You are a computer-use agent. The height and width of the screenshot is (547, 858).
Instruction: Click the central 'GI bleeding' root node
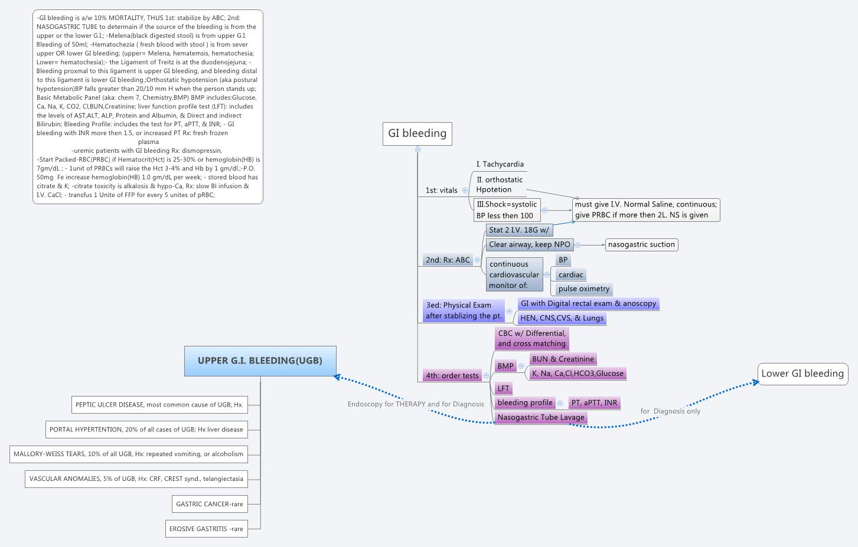(417, 133)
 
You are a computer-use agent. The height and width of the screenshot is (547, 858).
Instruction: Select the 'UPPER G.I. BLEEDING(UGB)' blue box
(260, 361)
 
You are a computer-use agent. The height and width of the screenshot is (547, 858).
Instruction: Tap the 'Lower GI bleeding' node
(802, 374)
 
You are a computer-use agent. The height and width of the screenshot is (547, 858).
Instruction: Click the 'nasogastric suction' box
(641, 244)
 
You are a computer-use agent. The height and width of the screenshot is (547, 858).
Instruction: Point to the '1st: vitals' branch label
(441, 190)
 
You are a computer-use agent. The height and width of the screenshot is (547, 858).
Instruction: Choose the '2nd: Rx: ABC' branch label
(448, 260)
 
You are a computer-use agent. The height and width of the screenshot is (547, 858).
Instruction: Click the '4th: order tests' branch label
(452, 375)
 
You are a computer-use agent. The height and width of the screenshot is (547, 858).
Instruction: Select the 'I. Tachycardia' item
(500, 164)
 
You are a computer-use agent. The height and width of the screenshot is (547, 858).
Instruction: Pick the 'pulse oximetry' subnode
(583, 289)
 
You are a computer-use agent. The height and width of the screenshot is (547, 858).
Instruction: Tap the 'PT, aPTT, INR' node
(593, 403)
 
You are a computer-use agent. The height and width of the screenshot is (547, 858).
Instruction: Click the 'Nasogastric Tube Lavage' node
(540, 417)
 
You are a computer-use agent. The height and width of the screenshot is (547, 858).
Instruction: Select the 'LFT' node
(503, 388)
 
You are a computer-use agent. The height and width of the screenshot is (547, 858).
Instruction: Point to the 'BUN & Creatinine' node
(562, 359)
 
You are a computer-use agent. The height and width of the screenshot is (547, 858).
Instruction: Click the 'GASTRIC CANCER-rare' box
(209, 504)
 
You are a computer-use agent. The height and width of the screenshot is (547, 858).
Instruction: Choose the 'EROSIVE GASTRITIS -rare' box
(205, 529)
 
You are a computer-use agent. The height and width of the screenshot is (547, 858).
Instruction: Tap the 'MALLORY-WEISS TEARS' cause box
(128, 454)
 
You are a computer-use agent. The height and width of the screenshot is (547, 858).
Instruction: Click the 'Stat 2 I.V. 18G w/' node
(518, 230)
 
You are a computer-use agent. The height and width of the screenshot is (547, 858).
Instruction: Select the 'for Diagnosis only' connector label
(670, 411)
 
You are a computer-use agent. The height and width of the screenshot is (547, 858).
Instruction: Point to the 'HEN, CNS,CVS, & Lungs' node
(561, 318)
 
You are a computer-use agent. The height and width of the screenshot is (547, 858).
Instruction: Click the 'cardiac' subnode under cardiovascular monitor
(570, 274)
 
